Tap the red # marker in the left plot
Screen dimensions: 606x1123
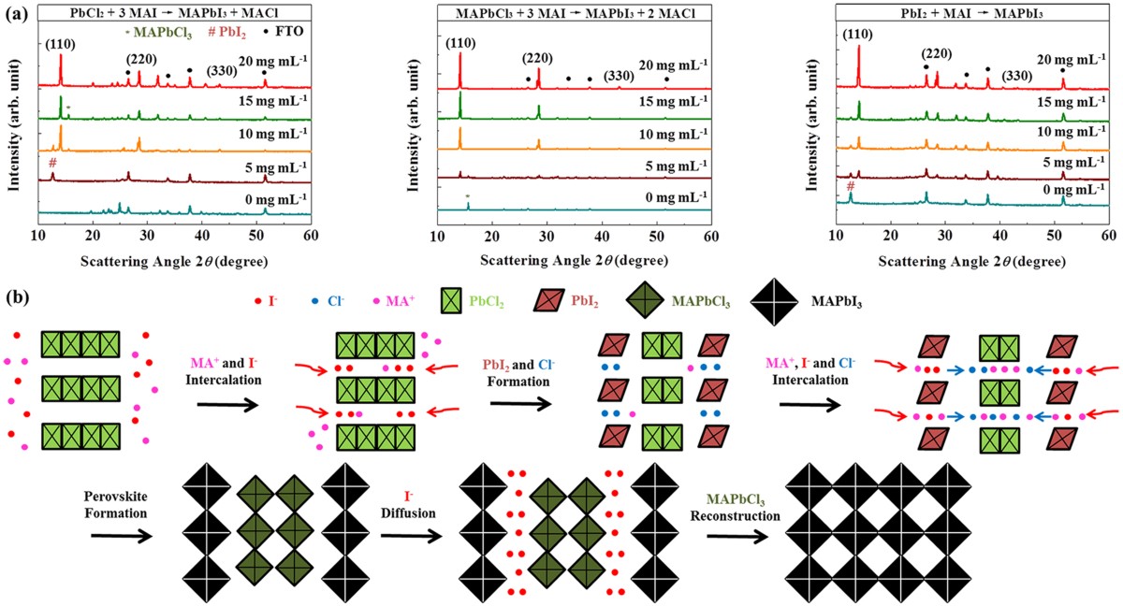[x=52, y=162]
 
